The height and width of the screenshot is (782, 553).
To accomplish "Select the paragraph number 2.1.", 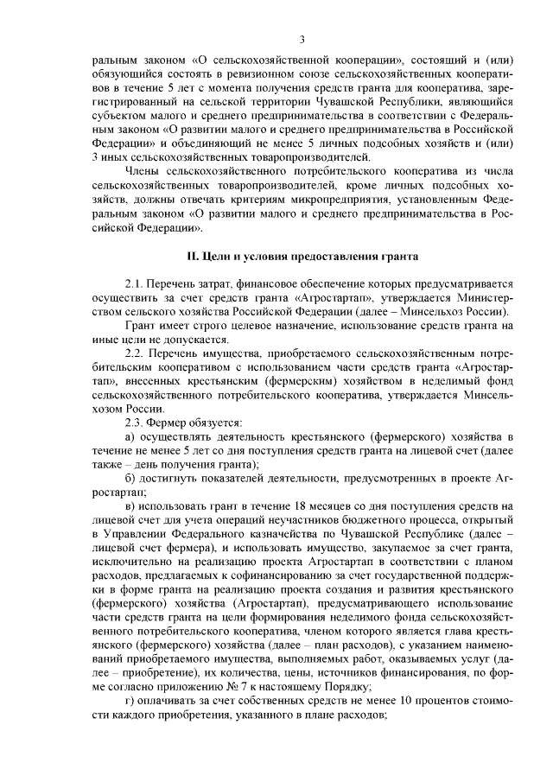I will pyautogui.click(x=136, y=284).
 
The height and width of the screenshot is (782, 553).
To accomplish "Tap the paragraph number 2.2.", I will pyautogui.click(x=136, y=354).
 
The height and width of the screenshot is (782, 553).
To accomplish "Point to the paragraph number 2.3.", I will pyautogui.click(x=136, y=423).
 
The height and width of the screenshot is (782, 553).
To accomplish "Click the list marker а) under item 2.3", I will pyautogui.click(x=130, y=438).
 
